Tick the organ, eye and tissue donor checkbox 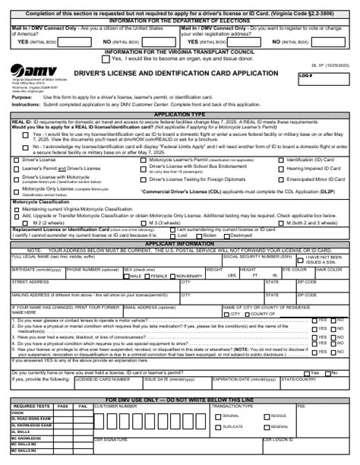coord(106,57)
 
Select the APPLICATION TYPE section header coord(179,112)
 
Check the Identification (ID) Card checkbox coord(282,160)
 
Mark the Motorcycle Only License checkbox coord(17,188)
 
